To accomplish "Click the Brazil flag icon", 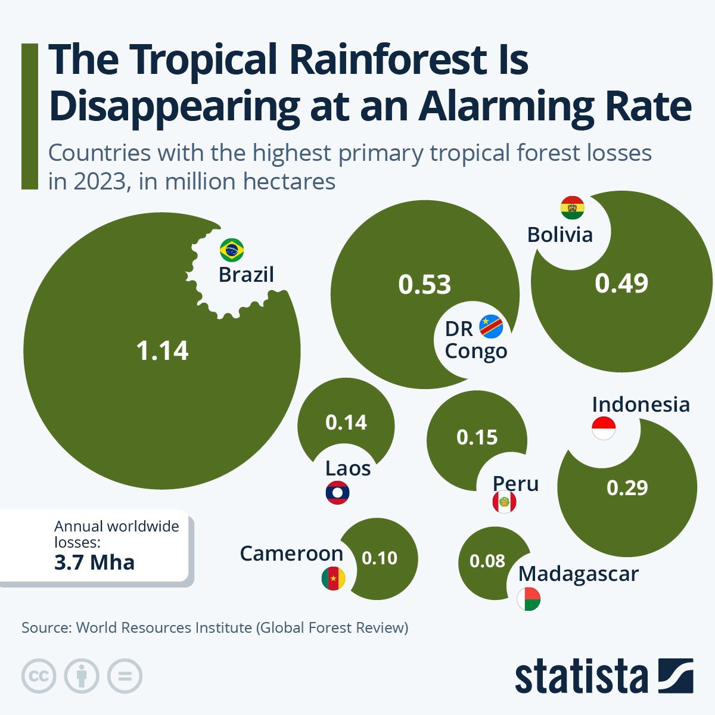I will pos(232,250).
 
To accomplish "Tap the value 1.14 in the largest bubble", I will pos(162,351).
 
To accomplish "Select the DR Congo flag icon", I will pos(491,327).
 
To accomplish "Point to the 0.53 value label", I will pos(425,285).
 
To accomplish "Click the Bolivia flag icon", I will pos(573,208).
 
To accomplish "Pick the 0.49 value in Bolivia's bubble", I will pos(621,284).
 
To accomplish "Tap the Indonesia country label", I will pos(641,405).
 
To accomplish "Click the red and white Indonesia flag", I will pos(604,428).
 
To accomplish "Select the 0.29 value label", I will pos(627,488).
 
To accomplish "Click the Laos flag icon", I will pos(338,493).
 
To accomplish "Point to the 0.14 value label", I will pos(346,422).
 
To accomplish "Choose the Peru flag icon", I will pos(504,502).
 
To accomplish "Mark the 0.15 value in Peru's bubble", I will pos(477,437).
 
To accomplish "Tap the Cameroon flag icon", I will pos(333,579).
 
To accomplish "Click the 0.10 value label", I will pos(380,558).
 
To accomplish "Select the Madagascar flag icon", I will pos(529,599).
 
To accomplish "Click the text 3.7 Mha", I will pos(94,562).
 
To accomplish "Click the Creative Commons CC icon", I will pos(39,676).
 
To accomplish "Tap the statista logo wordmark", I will pos(581,676).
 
